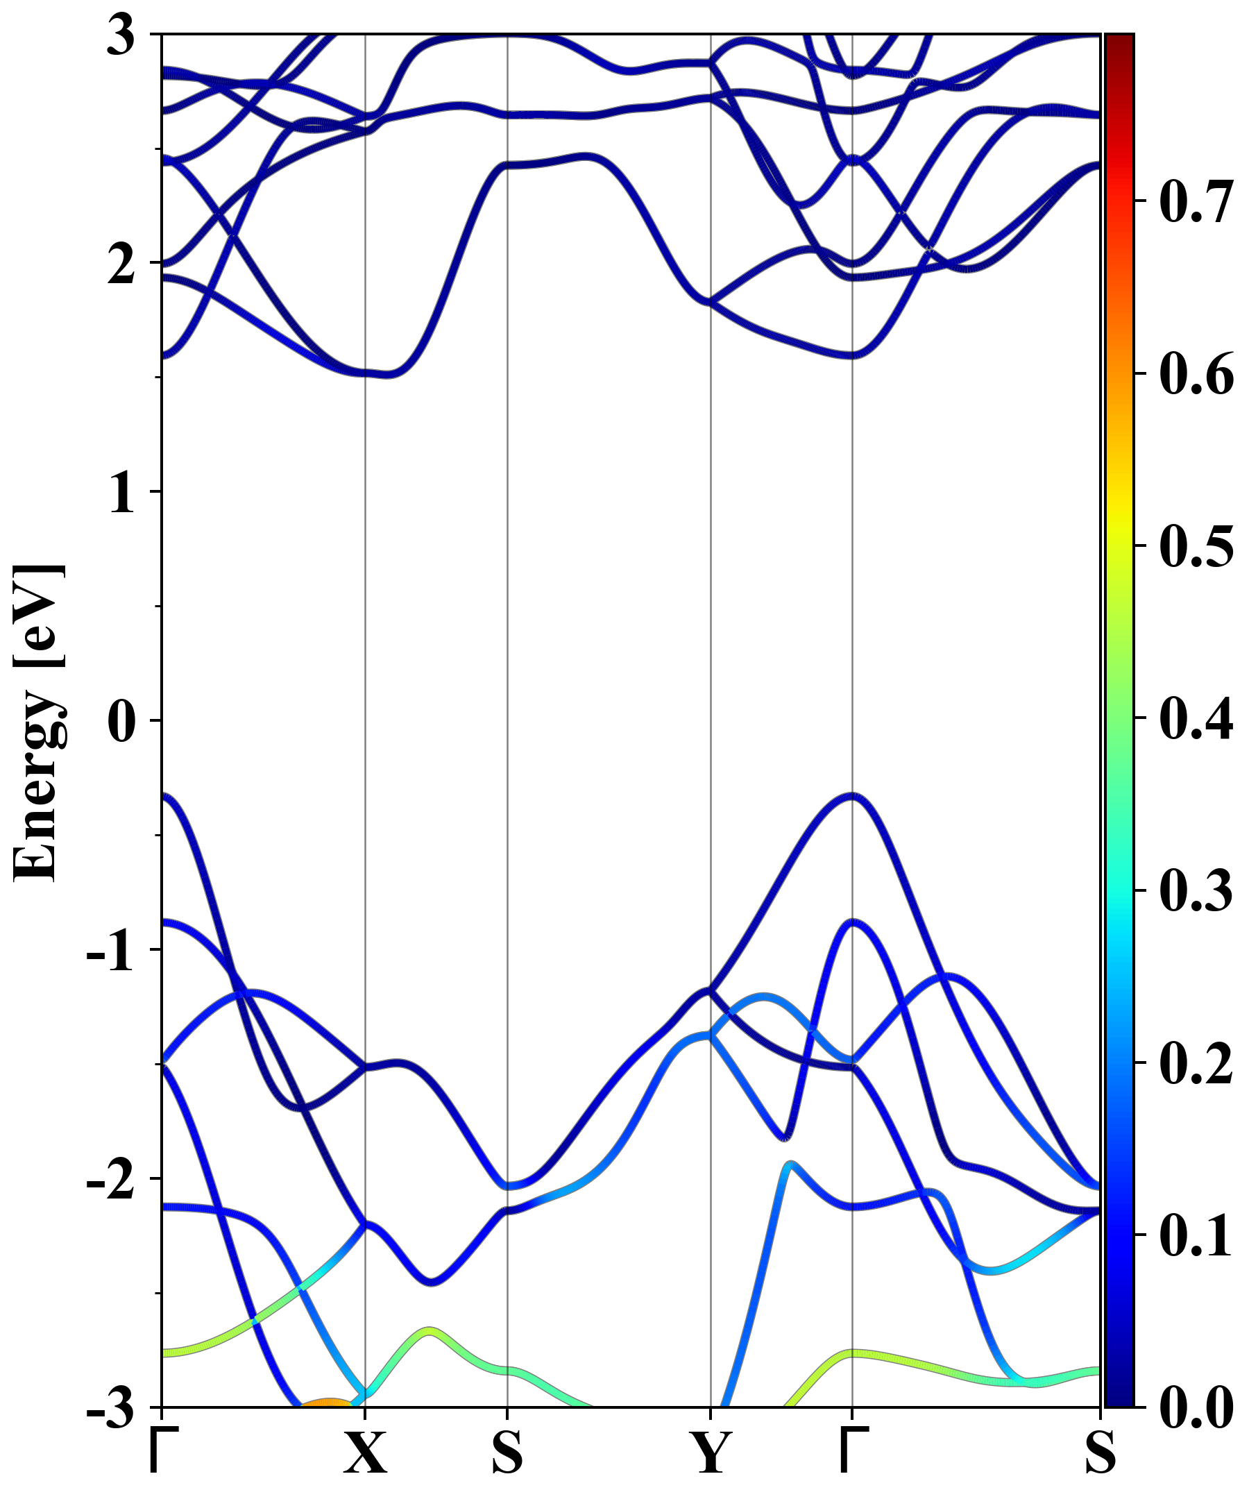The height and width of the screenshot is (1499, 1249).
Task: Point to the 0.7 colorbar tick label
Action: coord(1196,203)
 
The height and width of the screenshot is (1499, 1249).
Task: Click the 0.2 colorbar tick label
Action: coord(1196,1065)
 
